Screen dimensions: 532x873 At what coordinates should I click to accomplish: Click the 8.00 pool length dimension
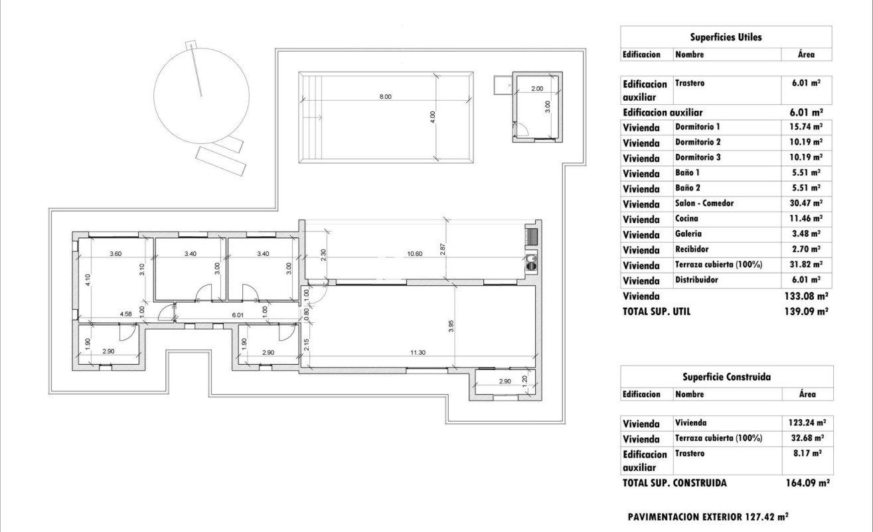click(x=385, y=97)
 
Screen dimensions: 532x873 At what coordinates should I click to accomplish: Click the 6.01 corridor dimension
click(x=237, y=316)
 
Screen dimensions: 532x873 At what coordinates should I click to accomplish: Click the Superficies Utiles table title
click(x=726, y=37)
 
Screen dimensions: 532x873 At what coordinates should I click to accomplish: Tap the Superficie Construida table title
click(x=726, y=377)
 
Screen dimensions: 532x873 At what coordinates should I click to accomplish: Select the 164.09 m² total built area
click(x=805, y=484)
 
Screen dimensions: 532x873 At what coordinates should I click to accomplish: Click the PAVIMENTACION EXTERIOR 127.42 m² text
click(x=707, y=515)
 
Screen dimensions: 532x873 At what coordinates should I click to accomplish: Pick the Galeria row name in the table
click(x=688, y=233)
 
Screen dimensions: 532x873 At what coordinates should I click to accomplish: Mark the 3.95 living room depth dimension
click(x=451, y=326)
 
